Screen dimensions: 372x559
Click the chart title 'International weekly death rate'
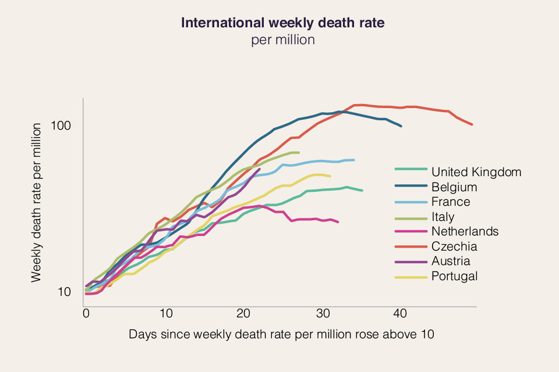point(283,23)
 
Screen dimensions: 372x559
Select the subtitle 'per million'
point(283,40)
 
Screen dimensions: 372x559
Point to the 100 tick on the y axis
point(68,126)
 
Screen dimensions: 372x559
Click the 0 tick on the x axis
point(86,314)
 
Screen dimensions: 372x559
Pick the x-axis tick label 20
point(244,314)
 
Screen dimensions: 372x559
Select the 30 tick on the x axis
point(323,314)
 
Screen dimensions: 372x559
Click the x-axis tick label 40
point(401,314)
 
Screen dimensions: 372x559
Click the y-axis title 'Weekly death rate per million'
point(37,203)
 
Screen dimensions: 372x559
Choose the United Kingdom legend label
point(476,172)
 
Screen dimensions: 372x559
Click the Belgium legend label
point(454,187)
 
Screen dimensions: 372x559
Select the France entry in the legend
point(451,202)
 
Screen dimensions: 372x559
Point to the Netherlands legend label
point(465,231)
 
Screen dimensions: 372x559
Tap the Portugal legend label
point(455,276)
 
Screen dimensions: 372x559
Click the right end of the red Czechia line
point(472,124)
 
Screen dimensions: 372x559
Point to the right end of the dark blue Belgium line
point(401,126)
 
